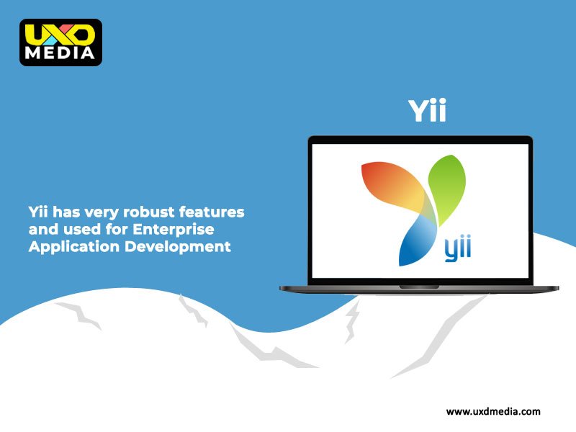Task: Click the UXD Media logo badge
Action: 61,42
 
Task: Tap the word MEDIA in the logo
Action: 60,53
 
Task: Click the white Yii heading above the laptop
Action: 427,110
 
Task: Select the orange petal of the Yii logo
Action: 395,186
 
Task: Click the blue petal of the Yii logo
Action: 417,240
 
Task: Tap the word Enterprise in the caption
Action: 173,230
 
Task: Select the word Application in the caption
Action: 74,247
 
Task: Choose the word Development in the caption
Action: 177,247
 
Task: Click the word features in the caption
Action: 212,212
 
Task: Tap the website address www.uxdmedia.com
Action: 493,411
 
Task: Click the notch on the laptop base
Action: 419,287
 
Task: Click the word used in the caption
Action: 82,229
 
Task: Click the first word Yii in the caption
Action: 38,212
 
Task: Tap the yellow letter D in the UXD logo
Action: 80,35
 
